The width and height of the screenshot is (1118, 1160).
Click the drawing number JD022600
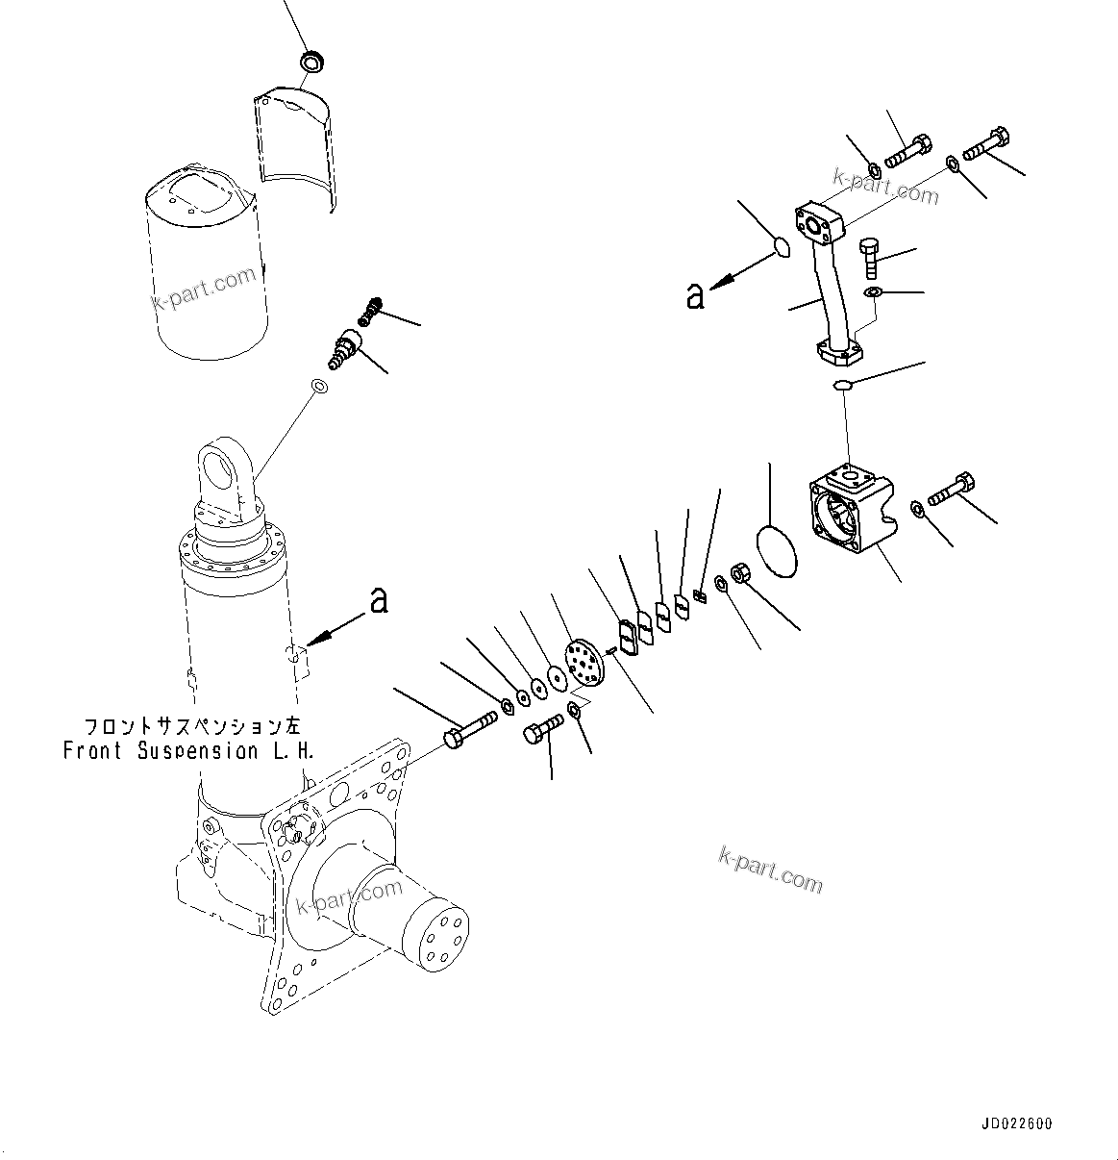pos(1017,1123)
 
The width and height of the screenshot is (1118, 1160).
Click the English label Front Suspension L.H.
pos(187,751)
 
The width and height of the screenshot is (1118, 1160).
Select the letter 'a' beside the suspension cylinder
pos(379,601)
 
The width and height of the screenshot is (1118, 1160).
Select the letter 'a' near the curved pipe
pos(695,296)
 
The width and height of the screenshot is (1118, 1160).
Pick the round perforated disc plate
pos(583,663)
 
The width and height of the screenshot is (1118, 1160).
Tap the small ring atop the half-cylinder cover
pos(311,63)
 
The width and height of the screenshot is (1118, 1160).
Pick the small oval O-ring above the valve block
pos(843,386)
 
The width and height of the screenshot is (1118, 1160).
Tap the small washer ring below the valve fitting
pos(319,387)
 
